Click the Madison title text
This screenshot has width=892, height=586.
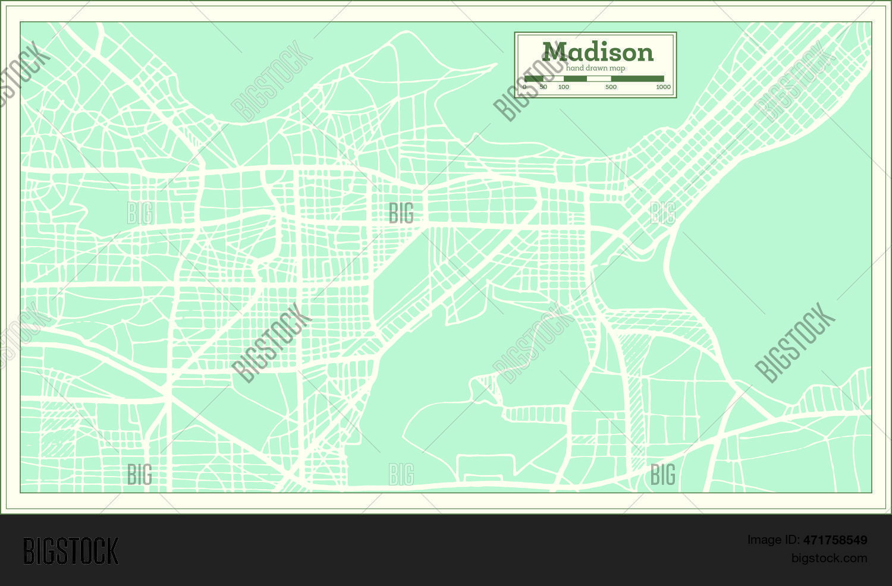(x=597, y=52)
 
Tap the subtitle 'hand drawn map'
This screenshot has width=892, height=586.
(x=595, y=68)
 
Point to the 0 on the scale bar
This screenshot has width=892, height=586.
(x=524, y=87)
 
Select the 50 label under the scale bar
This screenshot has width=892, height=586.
(x=543, y=87)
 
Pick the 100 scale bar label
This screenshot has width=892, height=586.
(x=563, y=87)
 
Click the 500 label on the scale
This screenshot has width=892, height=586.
(x=611, y=87)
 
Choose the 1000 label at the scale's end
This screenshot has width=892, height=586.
(x=663, y=87)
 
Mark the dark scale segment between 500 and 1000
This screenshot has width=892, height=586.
(x=637, y=78)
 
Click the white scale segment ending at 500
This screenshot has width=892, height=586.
(x=599, y=78)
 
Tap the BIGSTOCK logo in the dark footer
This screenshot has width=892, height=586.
(x=71, y=551)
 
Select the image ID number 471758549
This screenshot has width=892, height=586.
(x=835, y=540)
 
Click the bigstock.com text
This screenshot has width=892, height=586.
(x=828, y=558)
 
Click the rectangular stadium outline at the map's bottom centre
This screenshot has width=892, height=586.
(x=485, y=468)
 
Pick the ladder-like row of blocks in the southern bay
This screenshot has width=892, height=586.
(x=535, y=414)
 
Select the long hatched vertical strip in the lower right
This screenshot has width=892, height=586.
(x=636, y=410)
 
